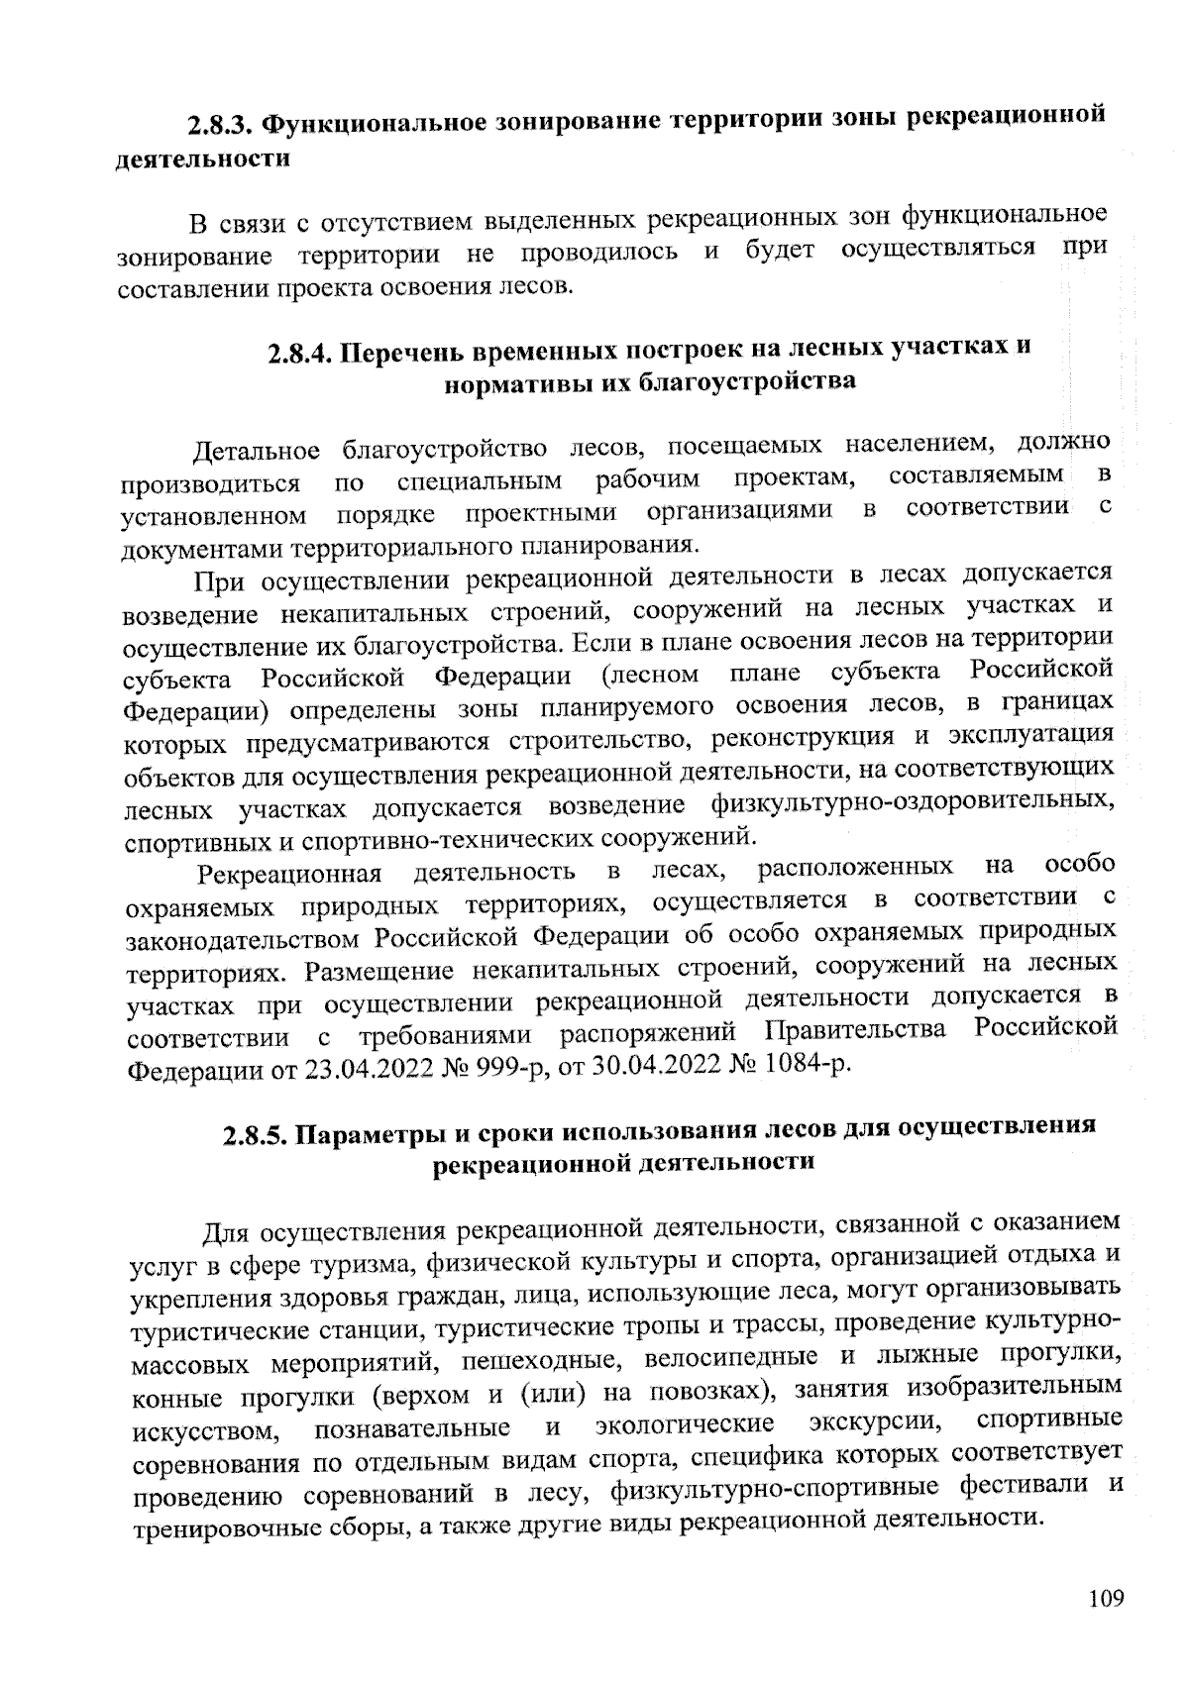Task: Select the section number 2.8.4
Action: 299,354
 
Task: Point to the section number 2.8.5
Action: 253,1134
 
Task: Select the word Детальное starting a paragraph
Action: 257,451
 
